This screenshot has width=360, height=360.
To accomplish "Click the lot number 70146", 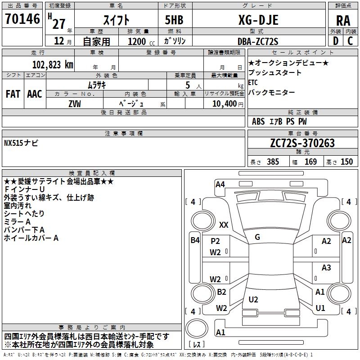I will click(22, 19).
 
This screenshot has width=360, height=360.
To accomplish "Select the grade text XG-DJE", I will click(258, 20).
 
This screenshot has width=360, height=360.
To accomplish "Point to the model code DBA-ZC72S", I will click(258, 41).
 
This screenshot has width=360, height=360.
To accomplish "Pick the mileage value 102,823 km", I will click(52, 64).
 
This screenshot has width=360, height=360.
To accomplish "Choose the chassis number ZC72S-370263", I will click(303, 143).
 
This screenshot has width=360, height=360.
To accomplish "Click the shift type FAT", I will click(13, 94).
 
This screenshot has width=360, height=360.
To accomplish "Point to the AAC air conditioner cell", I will click(35, 94).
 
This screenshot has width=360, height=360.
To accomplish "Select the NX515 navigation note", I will click(21, 143).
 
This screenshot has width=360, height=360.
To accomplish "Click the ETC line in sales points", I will click(253, 82).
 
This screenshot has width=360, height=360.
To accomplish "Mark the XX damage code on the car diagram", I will click(223, 225).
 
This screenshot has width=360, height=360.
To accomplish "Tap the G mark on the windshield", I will click(257, 237).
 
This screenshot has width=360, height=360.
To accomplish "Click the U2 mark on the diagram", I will click(253, 299).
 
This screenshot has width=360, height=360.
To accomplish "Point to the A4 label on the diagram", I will click(220, 184).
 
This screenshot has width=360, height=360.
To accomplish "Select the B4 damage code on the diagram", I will click(195, 240).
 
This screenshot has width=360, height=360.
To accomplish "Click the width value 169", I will click(311, 162).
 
